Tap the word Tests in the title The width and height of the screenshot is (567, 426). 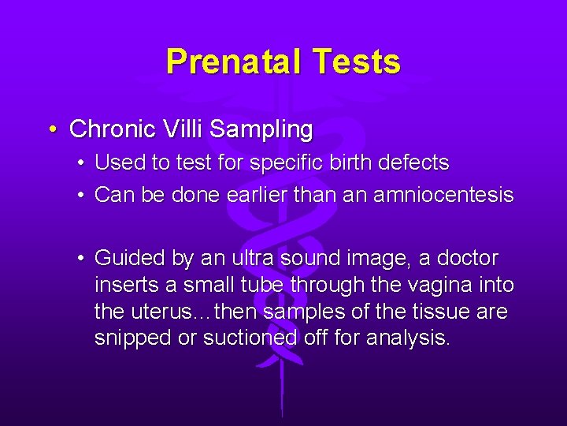(358, 62)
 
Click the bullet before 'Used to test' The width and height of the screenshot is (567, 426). (82, 164)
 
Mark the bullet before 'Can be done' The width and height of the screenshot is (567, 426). (82, 195)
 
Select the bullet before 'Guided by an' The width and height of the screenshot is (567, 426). (82, 258)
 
